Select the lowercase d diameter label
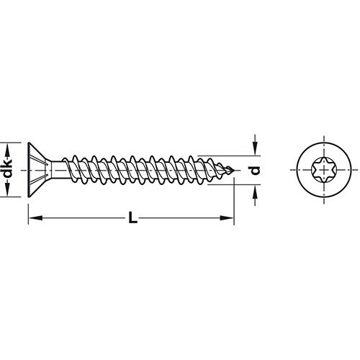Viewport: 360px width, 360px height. point(253,170)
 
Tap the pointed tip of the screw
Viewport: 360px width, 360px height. point(234,170)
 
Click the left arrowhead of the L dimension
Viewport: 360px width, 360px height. point(32,215)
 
